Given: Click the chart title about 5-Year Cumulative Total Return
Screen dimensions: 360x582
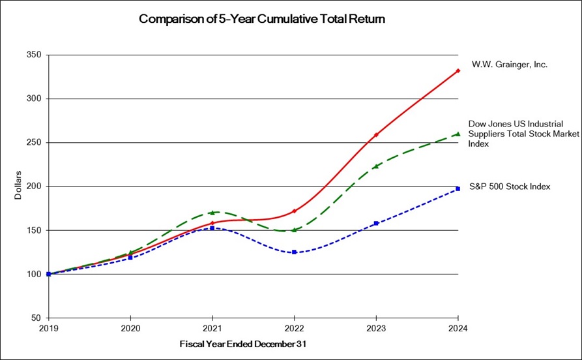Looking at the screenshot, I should click(x=262, y=19).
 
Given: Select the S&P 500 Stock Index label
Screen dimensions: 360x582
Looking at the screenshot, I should click(x=509, y=187).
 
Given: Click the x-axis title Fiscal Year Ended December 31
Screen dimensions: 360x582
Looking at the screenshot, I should click(x=235, y=343).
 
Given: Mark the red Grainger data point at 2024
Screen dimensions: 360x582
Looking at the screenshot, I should click(x=458, y=70).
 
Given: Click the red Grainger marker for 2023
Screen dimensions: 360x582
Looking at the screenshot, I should click(x=376, y=135).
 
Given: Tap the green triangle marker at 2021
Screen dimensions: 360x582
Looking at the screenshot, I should click(x=212, y=212).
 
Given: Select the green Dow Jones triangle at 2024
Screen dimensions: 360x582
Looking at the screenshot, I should click(x=458, y=134).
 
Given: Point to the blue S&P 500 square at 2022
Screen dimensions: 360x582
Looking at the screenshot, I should click(x=294, y=252).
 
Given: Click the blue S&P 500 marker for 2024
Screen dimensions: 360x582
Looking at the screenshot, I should click(x=458, y=188).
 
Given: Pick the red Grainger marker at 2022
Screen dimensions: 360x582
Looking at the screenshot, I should click(x=294, y=211).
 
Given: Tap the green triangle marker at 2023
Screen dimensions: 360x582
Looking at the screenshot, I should click(x=376, y=166).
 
